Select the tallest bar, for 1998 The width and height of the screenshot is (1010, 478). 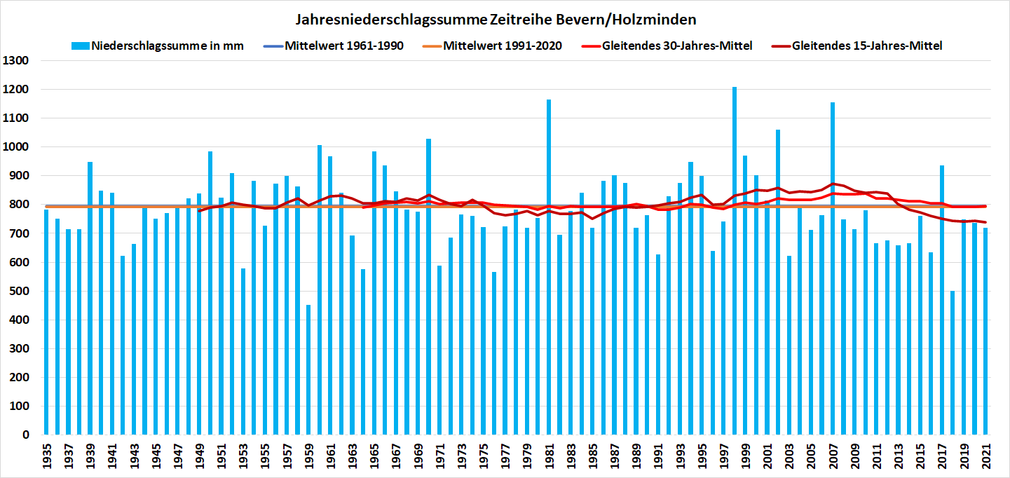tap(735, 280)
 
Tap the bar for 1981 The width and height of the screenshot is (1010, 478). tap(549, 280)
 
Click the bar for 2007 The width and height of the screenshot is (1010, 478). tap(833, 280)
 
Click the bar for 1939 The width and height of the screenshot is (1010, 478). tap(90, 301)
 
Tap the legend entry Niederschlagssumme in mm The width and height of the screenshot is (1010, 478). tap(158, 46)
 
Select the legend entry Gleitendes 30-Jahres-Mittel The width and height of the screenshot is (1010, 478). tap(668, 46)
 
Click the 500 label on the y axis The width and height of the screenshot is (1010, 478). tap(17, 292)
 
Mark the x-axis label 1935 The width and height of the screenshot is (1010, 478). tap(46, 458)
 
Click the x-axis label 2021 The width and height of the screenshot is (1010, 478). tap(985, 458)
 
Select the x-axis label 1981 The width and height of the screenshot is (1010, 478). tap(549, 458)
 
